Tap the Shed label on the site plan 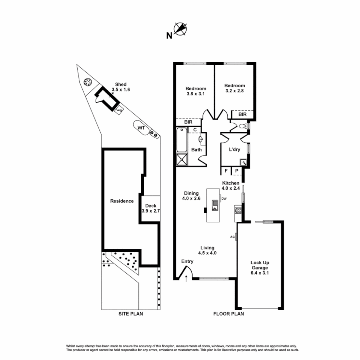[121, 84]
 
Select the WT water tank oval [141, 128]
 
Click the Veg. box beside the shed [119, 109]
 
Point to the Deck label [151, 206]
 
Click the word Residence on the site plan [122, 201]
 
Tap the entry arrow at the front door [186, 279]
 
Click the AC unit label [233, 237]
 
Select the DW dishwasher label [224, 199]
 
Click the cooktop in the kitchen [238, 210]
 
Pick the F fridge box [226, 171]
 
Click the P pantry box [237, 171]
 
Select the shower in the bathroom [182, 160]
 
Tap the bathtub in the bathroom [182, 140]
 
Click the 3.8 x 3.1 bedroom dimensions [196, 94]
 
